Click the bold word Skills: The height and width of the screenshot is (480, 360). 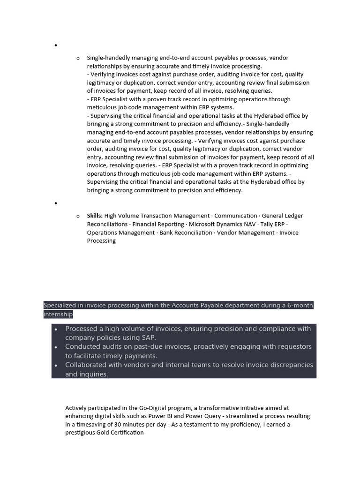point(95,216)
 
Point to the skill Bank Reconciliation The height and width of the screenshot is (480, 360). point(186,233)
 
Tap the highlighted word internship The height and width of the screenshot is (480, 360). point(58,314)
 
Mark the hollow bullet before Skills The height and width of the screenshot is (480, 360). point(78,216)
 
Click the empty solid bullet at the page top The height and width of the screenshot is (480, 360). point(55,45)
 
